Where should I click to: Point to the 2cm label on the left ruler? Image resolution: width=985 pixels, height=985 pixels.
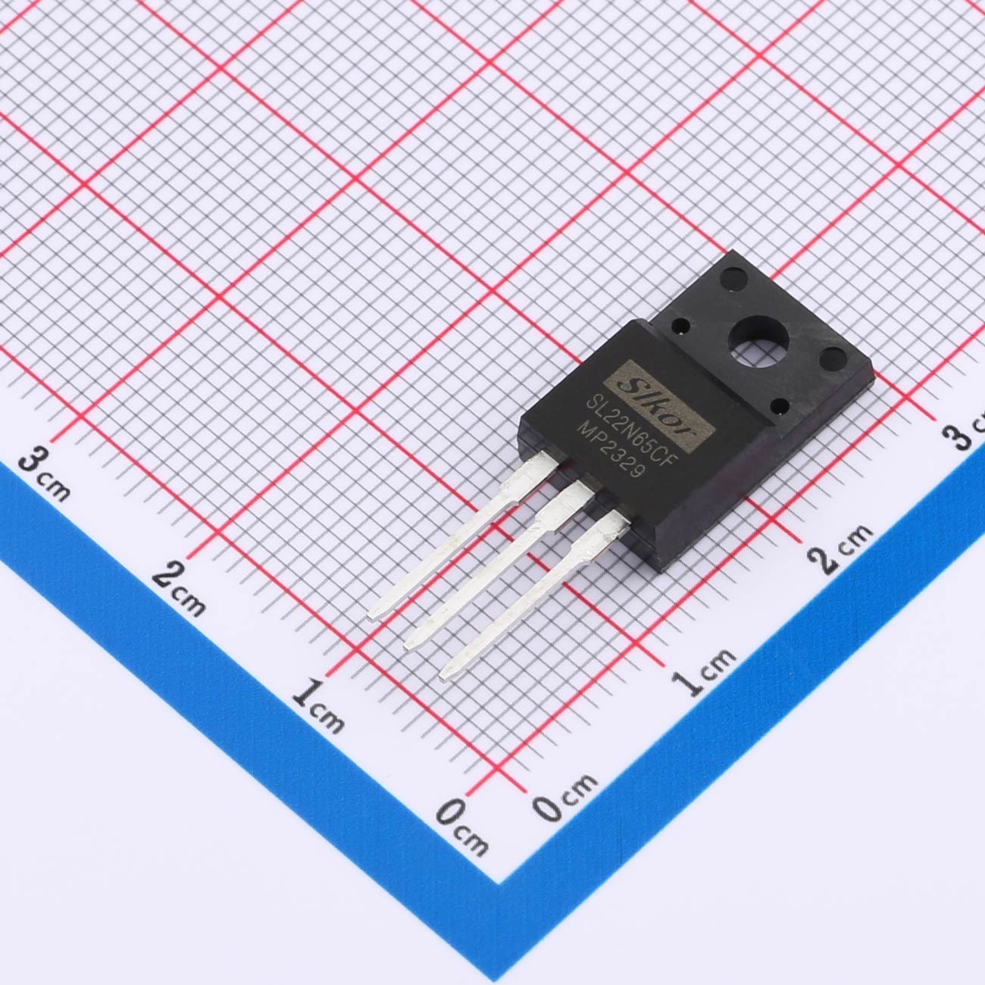pos(179,588)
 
